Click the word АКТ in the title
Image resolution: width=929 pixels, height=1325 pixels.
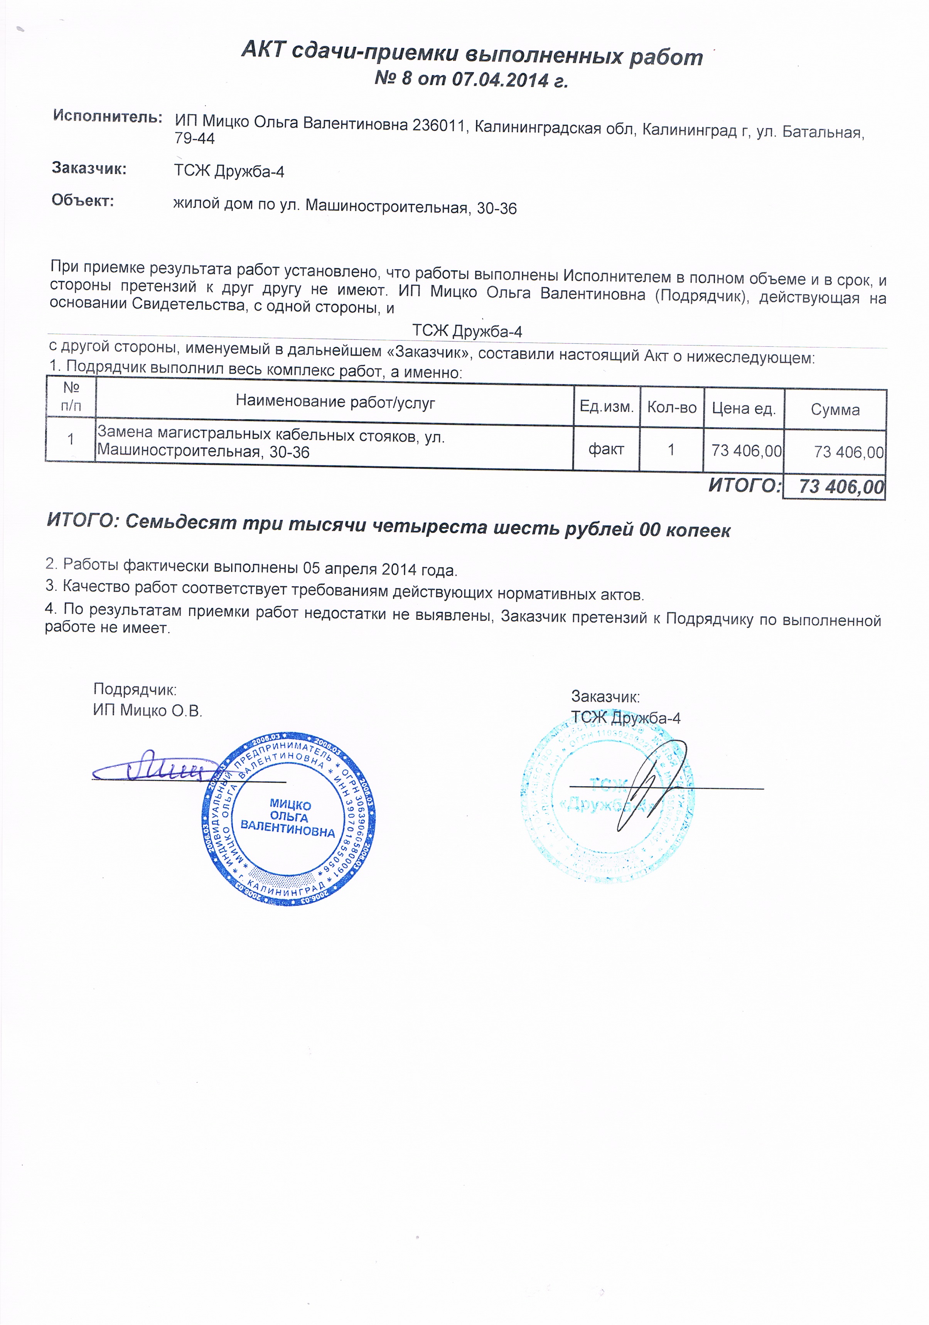[264, 50]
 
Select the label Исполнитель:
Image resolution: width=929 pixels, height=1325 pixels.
[107, 116]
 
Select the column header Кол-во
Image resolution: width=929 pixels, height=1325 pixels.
[672, 408]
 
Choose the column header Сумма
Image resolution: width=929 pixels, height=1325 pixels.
[835, 410]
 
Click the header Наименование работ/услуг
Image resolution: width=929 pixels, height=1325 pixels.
[335, 402]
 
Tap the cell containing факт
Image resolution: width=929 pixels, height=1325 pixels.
[606, 449]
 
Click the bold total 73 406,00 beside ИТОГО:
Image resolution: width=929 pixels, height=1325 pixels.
[841, 487]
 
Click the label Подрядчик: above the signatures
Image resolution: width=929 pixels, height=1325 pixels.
[135, 689]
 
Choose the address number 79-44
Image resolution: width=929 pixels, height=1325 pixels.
[194, 138]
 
